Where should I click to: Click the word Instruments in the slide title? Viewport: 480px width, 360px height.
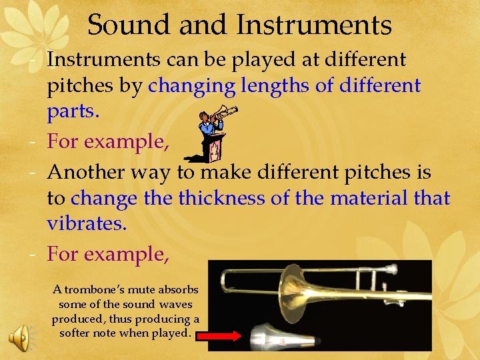click(x=313, y=25)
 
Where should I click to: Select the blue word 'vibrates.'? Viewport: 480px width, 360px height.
click(x=87, y=223)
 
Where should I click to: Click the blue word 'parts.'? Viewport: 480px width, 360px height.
click(x=73, y=111)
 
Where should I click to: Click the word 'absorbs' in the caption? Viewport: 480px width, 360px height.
click(x=181, y=289)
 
